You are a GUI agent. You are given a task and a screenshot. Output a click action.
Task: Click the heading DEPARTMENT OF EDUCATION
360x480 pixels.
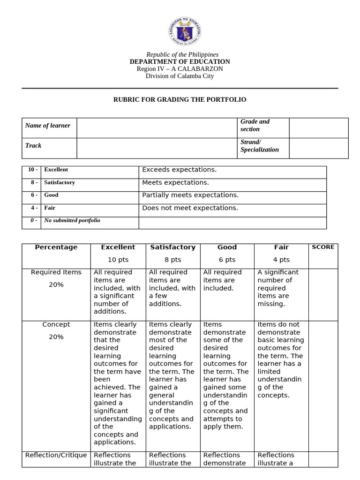click(x=180, y=62)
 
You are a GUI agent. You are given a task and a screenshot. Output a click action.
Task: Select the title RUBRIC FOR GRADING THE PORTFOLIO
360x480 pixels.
click(x=180, y=100)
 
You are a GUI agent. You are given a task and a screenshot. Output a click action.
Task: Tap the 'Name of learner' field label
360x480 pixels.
click(x=48, y=126)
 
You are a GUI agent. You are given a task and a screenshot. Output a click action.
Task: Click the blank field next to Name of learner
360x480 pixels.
click(x=157, y=128)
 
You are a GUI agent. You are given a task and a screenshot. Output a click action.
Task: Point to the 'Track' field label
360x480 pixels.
click(x=33, y=146)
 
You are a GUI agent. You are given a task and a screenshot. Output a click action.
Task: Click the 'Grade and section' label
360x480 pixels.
click(x=255, y=125)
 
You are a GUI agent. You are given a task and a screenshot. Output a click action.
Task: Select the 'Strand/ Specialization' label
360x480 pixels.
click(x=259, y=146)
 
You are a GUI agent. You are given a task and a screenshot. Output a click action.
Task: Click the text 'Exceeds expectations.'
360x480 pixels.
click(x=179, y=170)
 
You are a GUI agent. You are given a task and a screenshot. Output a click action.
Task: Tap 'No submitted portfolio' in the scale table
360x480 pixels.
click(x=72, y=220)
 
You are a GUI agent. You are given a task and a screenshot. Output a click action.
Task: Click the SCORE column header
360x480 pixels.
click(x=323, y=247)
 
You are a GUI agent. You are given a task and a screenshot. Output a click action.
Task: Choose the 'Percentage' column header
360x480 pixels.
click(x=56, y=247)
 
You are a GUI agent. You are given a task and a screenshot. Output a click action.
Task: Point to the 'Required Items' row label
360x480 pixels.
click(x=56, y=272)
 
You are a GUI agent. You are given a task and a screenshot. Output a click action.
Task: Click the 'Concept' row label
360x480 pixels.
click(x=56, y=324)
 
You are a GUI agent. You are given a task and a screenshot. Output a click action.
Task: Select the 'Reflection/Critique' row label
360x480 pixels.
click(x=56, y=455)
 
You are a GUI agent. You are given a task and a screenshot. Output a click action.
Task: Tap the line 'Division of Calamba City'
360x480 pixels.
click(x=180, y=76)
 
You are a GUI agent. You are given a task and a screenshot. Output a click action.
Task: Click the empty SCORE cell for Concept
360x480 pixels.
click(x=323, y=384)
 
